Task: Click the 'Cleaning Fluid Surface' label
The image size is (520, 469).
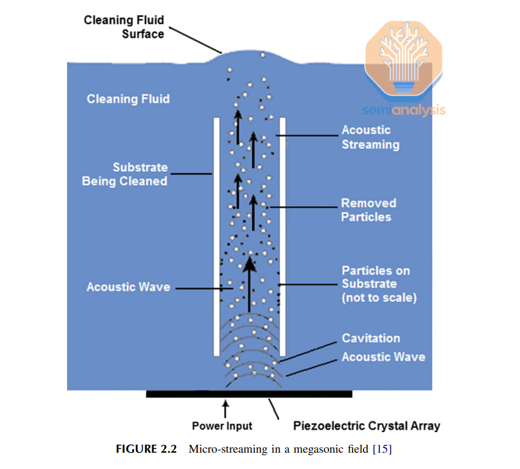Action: pos(124,27)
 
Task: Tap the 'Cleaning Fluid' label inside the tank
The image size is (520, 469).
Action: pos(128,99)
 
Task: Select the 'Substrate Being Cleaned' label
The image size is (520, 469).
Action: pos(125,174)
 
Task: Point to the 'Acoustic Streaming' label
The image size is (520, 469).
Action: pos(370,137)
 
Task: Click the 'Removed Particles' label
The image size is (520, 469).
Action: pos(368,210)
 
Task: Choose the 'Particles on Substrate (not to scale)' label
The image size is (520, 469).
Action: pos(379,284)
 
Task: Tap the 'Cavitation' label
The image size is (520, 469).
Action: pos(371,338)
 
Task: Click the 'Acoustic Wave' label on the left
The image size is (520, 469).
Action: pos(128,287)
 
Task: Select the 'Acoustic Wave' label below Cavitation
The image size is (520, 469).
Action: pos(383,357)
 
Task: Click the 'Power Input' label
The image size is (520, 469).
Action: pos(222,426)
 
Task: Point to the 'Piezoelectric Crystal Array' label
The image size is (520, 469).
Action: pos(367,426)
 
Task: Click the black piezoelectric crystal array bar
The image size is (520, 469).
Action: pos(249,394)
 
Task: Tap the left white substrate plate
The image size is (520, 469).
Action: pos(216,236)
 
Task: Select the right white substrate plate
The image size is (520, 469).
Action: pos(282,236)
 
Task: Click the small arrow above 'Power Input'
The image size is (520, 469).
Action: pos(226,408)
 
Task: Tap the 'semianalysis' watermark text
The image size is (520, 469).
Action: pos(403,110)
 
